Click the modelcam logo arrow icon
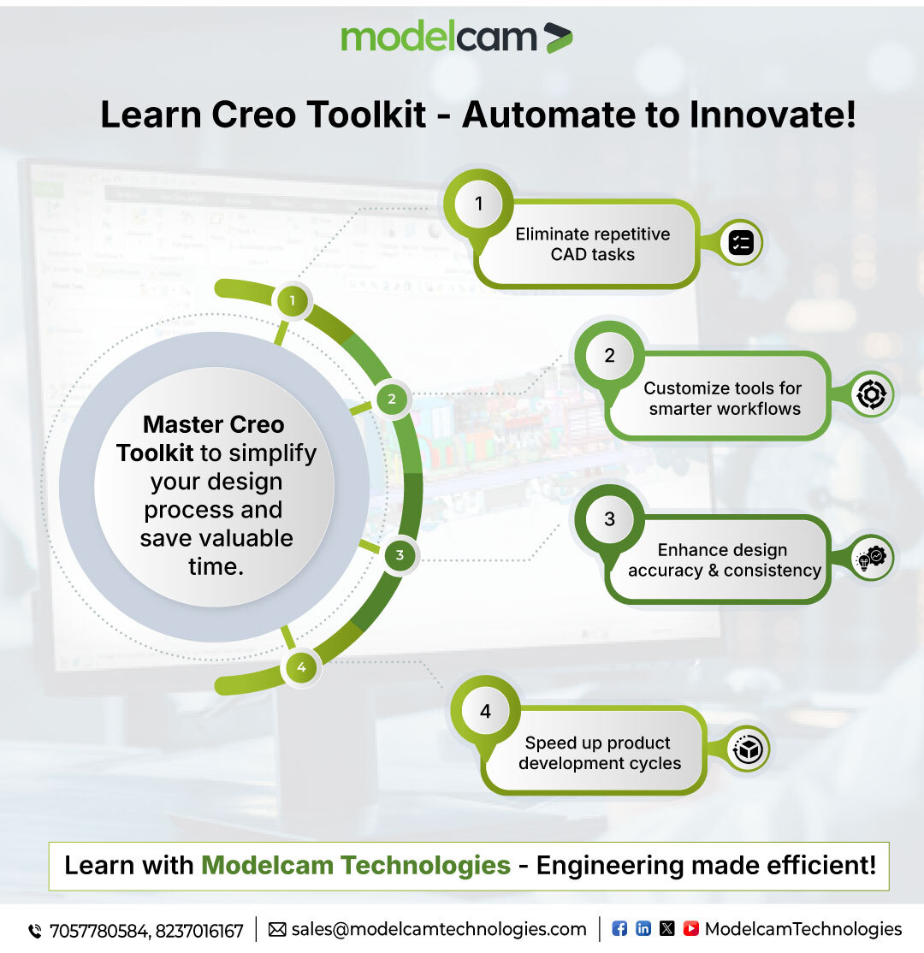point(558,38)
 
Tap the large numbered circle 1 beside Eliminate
point(478,204)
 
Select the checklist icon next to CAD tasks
point(740,244)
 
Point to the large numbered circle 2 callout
point(609,356)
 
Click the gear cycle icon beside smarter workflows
point(872,394)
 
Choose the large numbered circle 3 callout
point(609,519)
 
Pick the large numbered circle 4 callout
point(485,711)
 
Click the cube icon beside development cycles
point(749,750)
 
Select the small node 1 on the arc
point(293,301)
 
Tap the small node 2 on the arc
point(392,399)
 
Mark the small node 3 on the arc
point(399,556)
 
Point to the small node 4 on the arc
point(301,667)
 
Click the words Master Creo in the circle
point(214,424)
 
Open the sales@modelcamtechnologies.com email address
point(439,930)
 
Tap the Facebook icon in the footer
point(620,929)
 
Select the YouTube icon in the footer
point(690,929)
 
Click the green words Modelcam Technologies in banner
point(356,865)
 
